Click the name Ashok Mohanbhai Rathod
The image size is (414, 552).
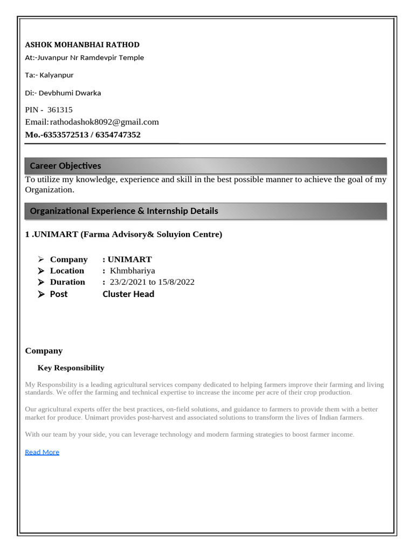click(x=82, y=44)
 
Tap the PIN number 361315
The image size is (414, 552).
click(x=60, y=109)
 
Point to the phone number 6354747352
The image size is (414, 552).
click(x=118, y=135)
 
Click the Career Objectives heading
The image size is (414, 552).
click(x=65, y=165)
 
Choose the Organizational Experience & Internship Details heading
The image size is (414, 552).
click(x=124, y=211)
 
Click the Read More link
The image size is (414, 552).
click(x=42, y=452)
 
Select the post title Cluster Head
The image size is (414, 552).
click(x=128, y=294)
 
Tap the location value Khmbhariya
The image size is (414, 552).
click(x=132, y=271)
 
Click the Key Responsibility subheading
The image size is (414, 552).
click(x=71, y=368)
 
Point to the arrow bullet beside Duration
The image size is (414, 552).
click(x=41, y=282)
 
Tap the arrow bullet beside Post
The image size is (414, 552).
click(x=41, y=294)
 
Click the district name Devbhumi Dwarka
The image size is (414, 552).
click(x=70, y=93)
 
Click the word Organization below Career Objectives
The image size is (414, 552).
click(x=49, y=190)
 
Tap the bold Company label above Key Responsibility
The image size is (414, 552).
click(x=44, y=350)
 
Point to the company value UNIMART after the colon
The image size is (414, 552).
click(x=129, y=259)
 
